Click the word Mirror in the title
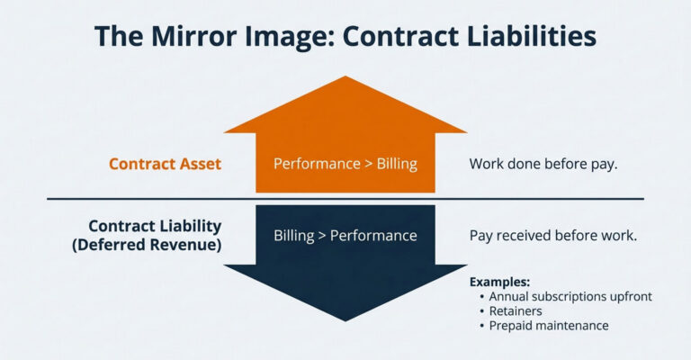194,36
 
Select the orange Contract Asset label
165,164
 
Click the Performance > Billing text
345,164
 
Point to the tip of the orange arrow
345,76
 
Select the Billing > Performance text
345,235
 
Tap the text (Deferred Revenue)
147,245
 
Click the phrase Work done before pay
543,164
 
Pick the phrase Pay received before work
553,235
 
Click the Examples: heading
499,282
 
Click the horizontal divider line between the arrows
345,199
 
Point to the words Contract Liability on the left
155,226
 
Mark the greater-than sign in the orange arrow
368,165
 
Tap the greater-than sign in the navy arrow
322,236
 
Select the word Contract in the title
399,36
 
